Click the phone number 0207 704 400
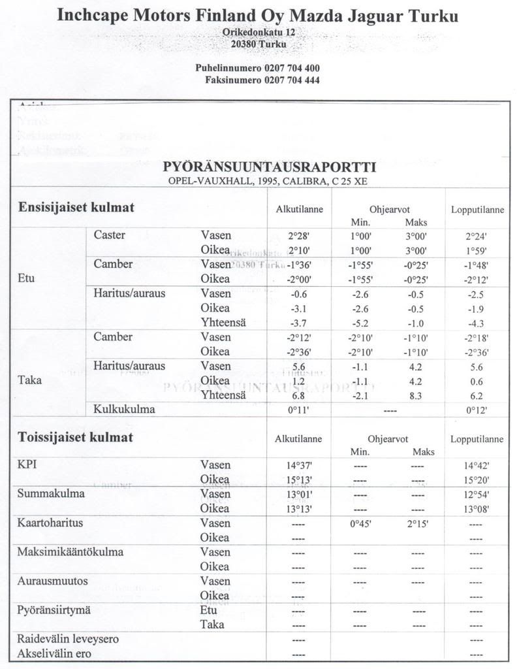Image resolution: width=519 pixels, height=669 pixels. (x=292, y=68)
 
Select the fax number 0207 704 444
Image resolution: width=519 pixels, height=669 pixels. (x=292, y=80)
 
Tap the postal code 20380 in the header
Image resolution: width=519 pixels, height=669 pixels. (x=244, y=43)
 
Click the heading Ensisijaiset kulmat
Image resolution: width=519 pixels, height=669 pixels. (x=76, y=207)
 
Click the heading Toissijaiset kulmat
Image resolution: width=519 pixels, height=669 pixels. (x=76, y=436)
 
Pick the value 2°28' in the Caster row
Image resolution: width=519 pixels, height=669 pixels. (x=298, y=236)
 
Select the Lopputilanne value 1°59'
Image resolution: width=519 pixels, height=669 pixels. (x=477, y=250)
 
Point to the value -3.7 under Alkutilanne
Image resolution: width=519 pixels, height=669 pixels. (x=298, y=322)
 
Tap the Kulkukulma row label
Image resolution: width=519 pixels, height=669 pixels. (x=124, y=410)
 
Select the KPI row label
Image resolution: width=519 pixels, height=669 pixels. (x=28, y=465)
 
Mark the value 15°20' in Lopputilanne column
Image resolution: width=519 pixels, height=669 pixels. (x=477, y=480)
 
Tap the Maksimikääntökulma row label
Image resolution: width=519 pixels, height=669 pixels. (x=71, y=552)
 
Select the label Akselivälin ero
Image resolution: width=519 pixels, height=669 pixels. (x=55, y=653)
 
